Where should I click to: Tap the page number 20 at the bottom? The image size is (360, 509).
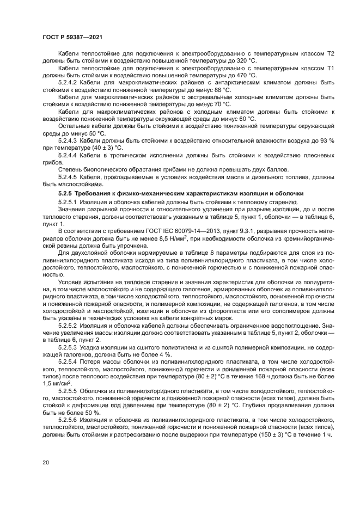[x=46, y=463]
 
